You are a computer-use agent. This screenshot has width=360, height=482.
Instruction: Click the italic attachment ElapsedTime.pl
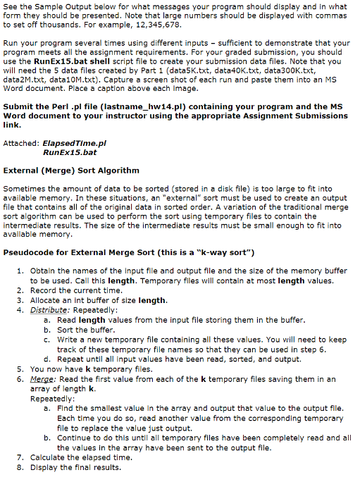coord(74,143)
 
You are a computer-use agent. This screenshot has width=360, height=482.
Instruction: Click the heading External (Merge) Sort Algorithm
coord(71,170)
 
